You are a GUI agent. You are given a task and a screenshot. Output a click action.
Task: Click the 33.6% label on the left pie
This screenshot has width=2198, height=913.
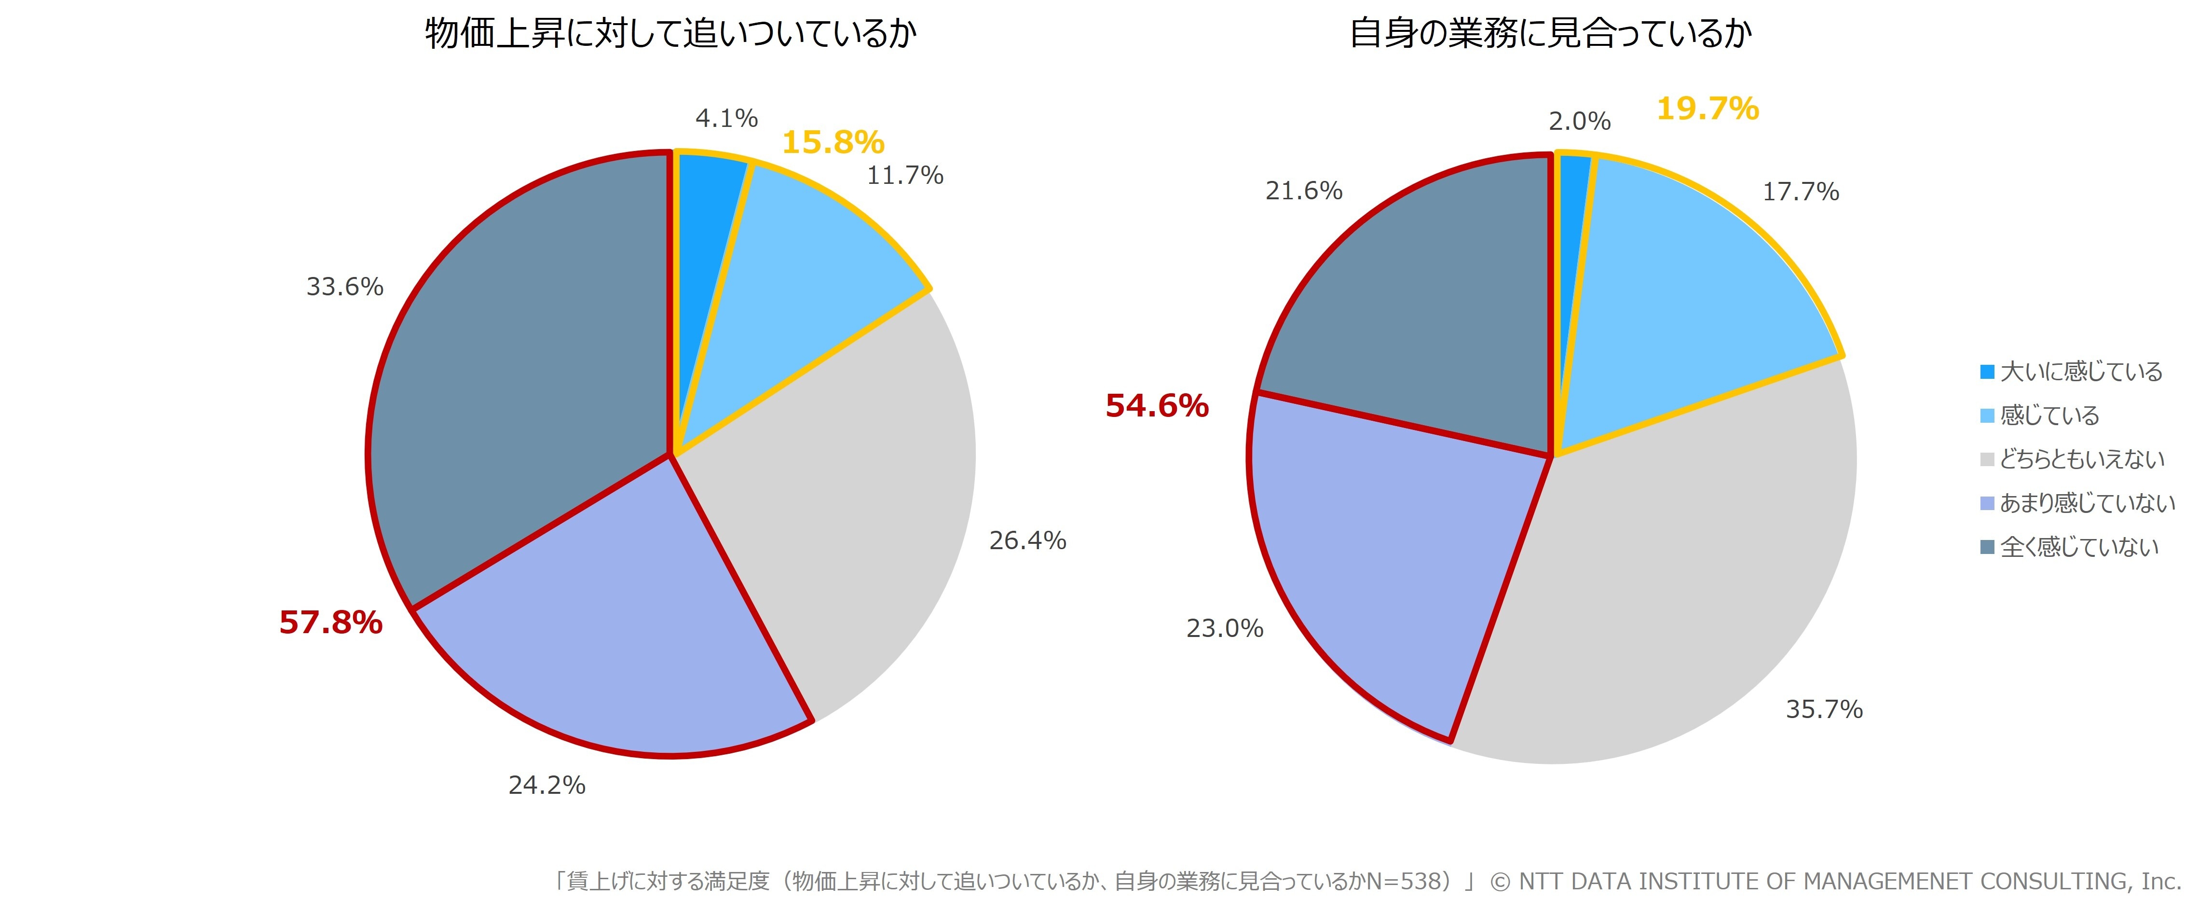click(345, 287)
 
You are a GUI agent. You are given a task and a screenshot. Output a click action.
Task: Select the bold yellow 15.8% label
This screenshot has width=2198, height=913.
click(833, 142)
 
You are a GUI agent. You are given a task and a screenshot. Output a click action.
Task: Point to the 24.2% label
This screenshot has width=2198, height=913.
click(547, 785)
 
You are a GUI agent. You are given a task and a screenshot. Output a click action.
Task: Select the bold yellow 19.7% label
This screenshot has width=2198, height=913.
click(1707, 109)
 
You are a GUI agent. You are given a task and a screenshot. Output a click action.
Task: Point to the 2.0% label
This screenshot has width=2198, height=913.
click(1579, 121)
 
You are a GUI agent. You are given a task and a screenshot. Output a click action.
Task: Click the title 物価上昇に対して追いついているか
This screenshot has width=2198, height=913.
click(670, 34)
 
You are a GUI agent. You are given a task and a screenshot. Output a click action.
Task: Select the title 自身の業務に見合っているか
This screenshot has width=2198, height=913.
click(1550, 34)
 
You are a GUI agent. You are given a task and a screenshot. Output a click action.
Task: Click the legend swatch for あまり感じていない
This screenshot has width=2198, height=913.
click(1987, 503)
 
